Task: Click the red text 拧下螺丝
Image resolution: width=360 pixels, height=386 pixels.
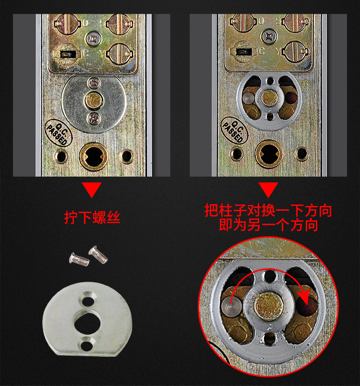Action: tap(92, 217)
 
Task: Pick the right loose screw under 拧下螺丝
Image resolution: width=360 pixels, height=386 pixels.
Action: tap(99, 254)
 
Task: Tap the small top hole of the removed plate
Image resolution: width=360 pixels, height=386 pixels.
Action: tap(88, 301)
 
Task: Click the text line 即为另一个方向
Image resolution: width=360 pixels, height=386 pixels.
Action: tap(268, 225)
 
